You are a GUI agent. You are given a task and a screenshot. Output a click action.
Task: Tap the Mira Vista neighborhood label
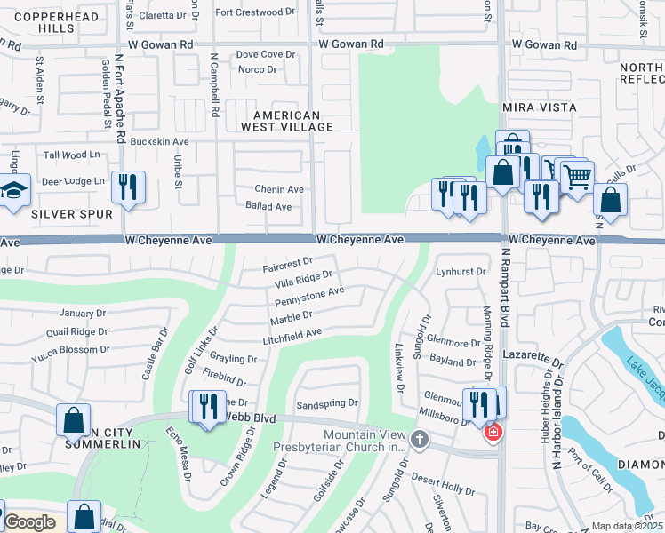click(x=539, y=107)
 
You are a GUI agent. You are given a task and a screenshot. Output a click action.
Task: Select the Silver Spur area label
click(x=72, y=214)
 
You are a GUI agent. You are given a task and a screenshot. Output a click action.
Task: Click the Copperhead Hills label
click(x=44, y=22)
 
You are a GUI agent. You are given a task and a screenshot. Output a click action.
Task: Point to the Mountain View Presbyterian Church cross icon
click(x=421, y=439)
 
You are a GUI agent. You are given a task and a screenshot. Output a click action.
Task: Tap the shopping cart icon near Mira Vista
click(x=577, y=178)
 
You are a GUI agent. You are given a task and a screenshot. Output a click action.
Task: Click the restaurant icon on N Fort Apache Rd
click(x=128, y=187)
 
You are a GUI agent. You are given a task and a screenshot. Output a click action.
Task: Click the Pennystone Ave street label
click(x=309, y=292)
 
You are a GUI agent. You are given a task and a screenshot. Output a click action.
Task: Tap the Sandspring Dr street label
click(x=326, y=402)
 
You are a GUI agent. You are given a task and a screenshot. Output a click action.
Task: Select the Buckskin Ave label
click(x=159, y=141)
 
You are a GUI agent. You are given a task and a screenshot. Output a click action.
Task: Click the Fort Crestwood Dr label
click(x=254, y=12)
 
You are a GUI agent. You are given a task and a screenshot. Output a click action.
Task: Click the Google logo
click(x=28, y=523)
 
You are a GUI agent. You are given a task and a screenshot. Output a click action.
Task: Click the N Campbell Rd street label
click(x=214, y=84)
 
